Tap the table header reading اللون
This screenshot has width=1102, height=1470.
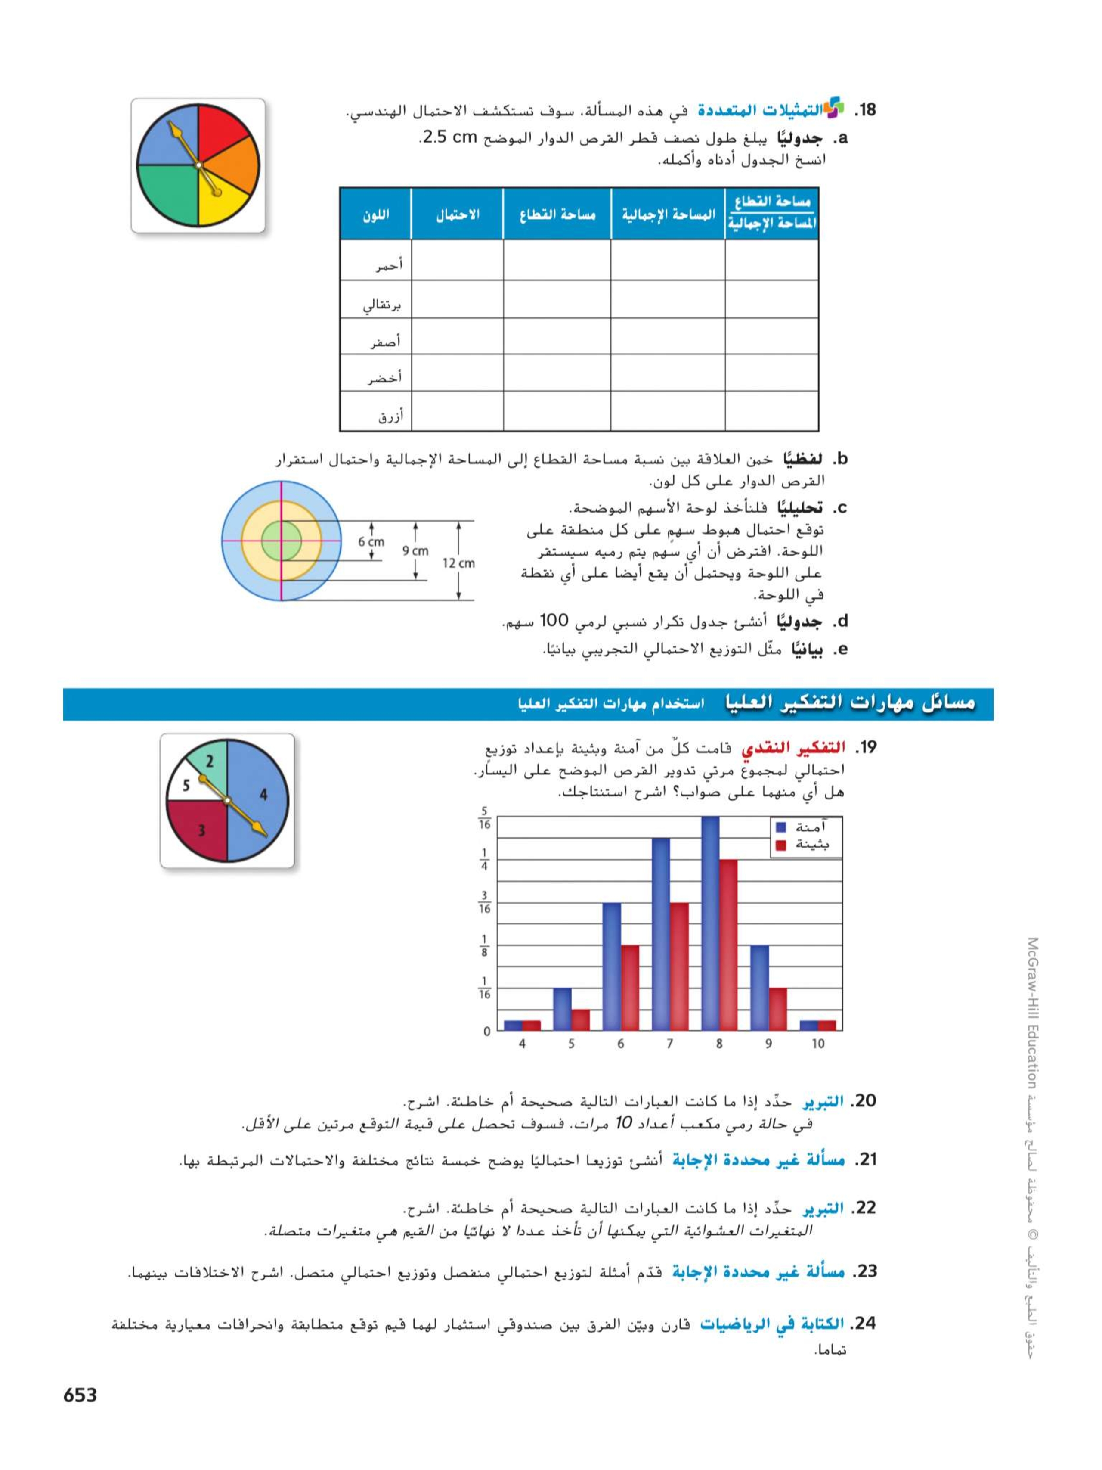376,214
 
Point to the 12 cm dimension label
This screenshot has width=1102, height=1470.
459,563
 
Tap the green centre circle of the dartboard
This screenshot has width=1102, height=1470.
281,540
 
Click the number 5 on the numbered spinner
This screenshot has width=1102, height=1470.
186,786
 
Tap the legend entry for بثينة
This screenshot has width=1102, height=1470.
803,845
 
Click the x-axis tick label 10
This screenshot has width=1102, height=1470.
818,1044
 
